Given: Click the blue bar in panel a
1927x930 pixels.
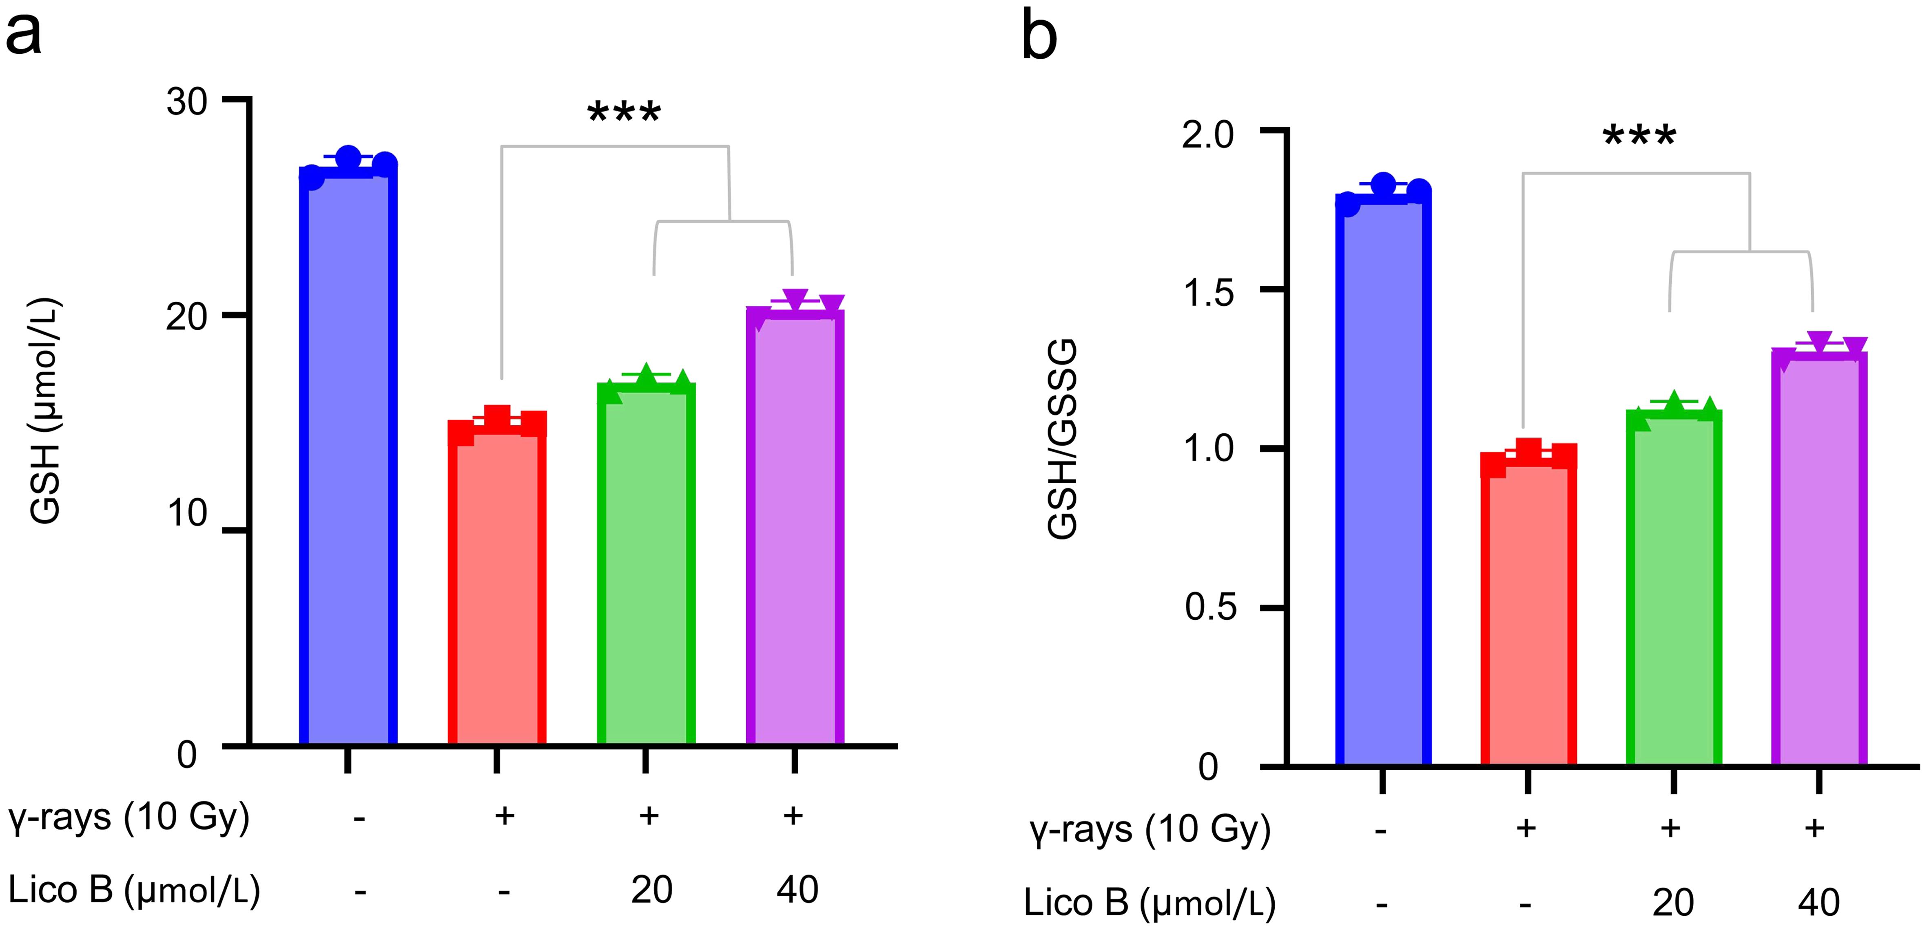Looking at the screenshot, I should [x=348, y=456].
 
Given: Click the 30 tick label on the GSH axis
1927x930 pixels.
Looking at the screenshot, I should [x=186, y=102].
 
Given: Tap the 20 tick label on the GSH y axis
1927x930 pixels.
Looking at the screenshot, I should [x=186, y=317].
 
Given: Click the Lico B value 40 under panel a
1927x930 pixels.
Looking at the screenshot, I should [x=797, y=890].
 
